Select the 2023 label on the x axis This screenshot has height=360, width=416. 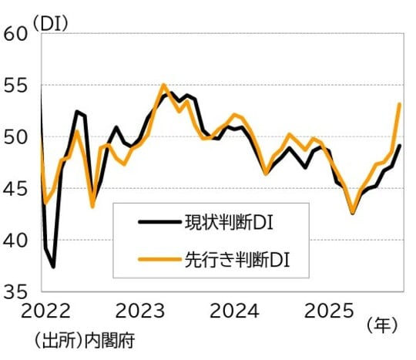click(x=141, y=312)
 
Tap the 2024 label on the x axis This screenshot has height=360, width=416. click(x=235, y=312)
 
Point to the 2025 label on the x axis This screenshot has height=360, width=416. click(x=329, y=312)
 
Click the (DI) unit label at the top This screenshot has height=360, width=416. click(x=51, y=22)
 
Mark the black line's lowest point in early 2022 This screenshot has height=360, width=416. click(x=53, y=267)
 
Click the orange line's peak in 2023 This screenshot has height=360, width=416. click(x=163, y=85)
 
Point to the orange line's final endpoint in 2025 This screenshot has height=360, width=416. click(x=399, y=103)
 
